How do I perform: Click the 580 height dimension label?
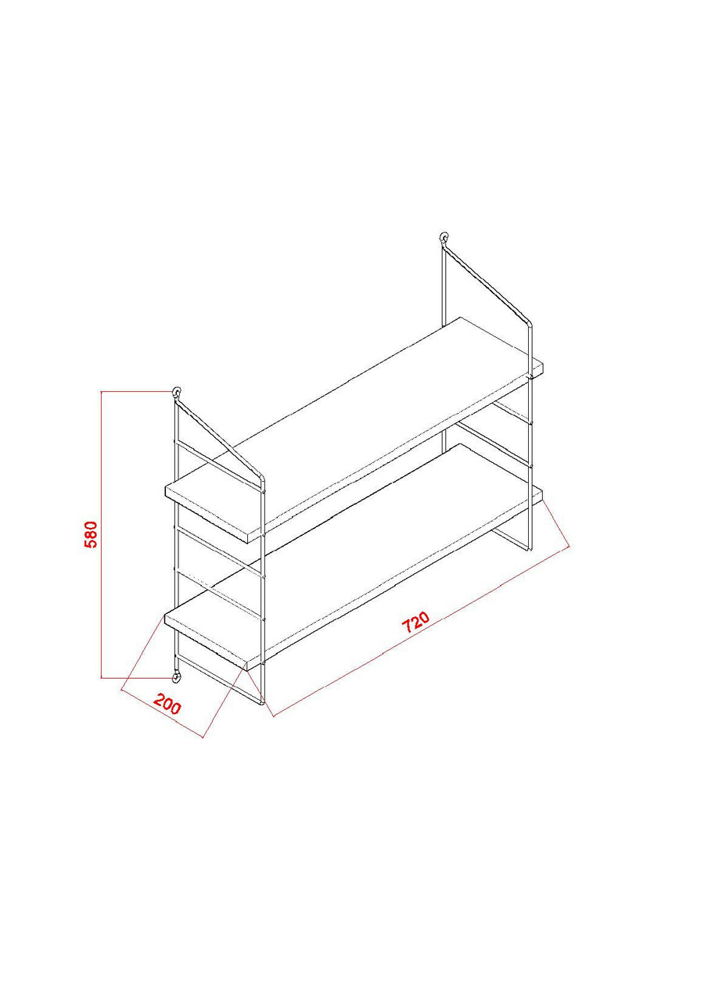coord(91,534)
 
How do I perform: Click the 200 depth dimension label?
coord(167,705)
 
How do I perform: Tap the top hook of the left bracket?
coord(177,393)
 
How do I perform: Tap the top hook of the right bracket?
coord(444,237)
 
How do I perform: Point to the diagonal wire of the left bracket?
coord(220,440)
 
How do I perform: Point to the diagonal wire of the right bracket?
coord(487,283)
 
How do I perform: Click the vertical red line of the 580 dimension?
coord(102,534)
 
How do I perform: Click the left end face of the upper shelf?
coord(207,515)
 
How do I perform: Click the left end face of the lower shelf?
coord(206,643)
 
